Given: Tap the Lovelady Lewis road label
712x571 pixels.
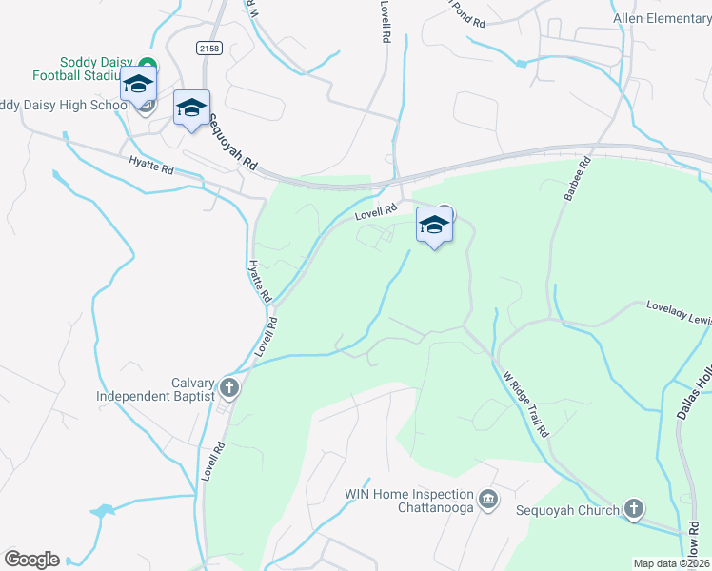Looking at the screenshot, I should [x=678, y=314].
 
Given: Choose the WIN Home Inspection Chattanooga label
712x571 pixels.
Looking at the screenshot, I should [x=408, y=501].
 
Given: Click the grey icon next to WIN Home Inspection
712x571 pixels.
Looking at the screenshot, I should [x=488, y=499].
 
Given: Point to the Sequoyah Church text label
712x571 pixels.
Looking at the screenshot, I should [x=568, y=510].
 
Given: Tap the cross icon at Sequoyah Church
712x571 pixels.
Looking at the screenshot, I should [x=635, y=510].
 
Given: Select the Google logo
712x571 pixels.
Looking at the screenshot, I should [x=31, y=559].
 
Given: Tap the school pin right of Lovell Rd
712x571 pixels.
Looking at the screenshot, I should [x=434, y=226].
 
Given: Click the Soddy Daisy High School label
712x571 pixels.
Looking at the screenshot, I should [x=65, y=105].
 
